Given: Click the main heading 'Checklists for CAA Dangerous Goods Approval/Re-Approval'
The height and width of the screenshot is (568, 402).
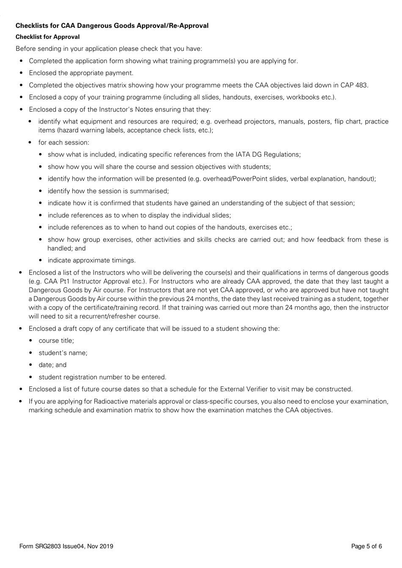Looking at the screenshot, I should [x=112, y=26].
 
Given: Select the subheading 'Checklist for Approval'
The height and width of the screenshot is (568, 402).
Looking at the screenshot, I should [x=47, y=37].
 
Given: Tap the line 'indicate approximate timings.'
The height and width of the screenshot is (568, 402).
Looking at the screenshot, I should [x=92, y=260].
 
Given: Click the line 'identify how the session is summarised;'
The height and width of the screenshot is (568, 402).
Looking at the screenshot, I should [x=108, y=191].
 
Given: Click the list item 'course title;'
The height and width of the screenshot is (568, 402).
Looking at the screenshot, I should [x=56, y=340].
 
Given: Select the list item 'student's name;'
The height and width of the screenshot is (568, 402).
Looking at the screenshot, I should [x=63, y=353].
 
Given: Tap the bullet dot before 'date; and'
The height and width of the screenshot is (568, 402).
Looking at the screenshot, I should [x=31, y=365].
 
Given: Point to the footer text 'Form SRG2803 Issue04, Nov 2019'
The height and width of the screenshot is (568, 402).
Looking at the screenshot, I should [x=66, y=546].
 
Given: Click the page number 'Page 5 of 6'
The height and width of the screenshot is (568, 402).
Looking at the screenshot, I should [x=366, y=546].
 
